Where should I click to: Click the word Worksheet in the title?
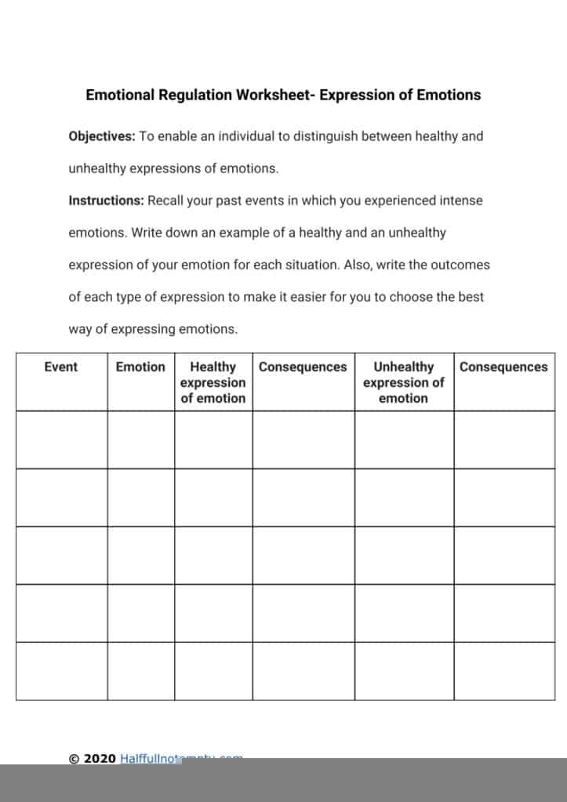coord(275,95)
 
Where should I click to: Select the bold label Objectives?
coord(102,136)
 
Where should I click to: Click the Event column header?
coord(61,367)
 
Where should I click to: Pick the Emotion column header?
coord(140,367)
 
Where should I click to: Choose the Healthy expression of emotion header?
coord(213,382)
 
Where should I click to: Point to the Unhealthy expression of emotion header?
coord(403,382)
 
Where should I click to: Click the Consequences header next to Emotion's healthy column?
coord(303,367)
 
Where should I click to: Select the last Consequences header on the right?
coord(503,367)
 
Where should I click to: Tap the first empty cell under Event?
coord(61,439)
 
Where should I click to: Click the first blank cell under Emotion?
coord(140,439)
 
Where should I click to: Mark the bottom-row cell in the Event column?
coord(61,671)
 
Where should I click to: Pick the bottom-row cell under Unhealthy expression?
coord(403,671)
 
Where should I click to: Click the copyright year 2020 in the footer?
coord(100,758)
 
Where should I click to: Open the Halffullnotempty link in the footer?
coord(180,758)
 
